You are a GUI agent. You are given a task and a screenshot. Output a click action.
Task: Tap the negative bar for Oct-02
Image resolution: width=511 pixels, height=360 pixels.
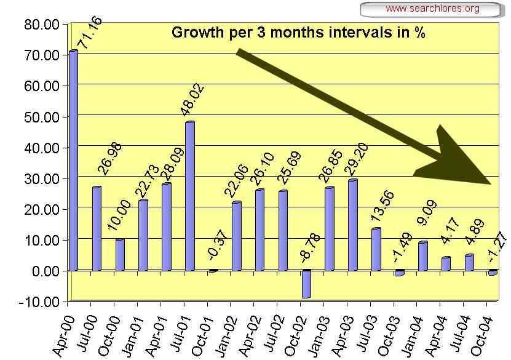click(x=306, y=284)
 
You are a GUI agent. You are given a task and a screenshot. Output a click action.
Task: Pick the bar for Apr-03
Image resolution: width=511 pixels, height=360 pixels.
click(x=352, y=225)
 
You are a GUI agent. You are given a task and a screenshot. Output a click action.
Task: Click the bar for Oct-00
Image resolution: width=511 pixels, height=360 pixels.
click(x=120, y=255)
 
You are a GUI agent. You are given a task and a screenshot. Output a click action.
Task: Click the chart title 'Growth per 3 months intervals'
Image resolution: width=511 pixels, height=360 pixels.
click(x=298, y=32)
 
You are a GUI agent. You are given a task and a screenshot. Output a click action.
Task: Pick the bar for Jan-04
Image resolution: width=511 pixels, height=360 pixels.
click(x=422, y=256)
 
